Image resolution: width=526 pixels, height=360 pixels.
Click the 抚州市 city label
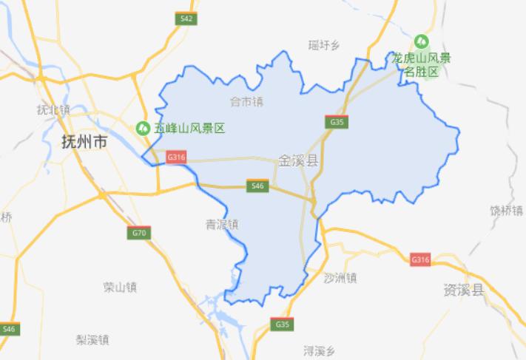[x=84, y=143]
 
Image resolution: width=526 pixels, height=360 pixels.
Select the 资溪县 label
[x=464, y=289]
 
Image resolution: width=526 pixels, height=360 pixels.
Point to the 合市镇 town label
[x=246, y=101]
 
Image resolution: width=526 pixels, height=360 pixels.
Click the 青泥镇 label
[x=222, y=224]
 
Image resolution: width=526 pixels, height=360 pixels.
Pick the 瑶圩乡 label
[x=323, y=46]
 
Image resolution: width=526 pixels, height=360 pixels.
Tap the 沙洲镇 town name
[x=340, y=278]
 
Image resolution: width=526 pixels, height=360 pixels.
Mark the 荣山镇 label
[x=121, y=287]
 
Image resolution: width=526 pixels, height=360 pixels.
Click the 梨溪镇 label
[x=92, y=339]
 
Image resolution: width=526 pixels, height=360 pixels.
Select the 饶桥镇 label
[x=506, y=211]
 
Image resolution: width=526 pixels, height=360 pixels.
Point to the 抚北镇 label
[x=53, y=109]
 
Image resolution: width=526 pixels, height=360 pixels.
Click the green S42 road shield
[x=187, y=18]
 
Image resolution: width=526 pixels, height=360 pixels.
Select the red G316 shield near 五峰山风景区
[x=176, y=157]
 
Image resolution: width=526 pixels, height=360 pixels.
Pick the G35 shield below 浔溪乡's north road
[x=283, y=324]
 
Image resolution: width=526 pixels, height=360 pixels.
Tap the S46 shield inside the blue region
[x=257, y=186]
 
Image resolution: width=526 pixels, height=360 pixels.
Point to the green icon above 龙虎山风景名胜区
[x=422, y=41]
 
